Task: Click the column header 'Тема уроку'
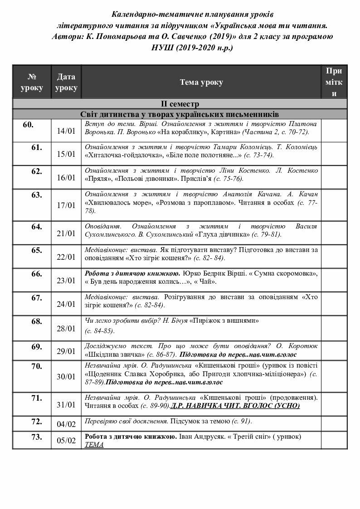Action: tap(201, 82)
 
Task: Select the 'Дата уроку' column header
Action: tap(66, 82)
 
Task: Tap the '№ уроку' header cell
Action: tap(32, 82)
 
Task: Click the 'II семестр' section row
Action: tap(180, 104)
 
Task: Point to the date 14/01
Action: tap(66, 131)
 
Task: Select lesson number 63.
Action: tap(37, 195)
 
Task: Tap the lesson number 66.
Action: tap(37, 274)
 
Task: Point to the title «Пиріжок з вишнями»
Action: tap(225, 320)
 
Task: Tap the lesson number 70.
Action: tap(37, 366)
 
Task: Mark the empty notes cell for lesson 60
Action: tap(334, 131)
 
